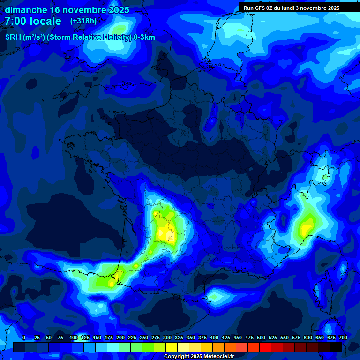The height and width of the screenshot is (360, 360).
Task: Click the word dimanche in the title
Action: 26,10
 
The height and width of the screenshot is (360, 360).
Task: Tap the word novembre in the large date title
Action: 84,10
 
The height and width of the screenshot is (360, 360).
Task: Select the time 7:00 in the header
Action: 18,21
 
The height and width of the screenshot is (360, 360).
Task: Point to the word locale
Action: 47,21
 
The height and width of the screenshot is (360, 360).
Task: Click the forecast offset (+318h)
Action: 83,21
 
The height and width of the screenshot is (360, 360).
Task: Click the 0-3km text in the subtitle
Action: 144,37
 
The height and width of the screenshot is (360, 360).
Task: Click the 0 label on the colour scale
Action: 24,337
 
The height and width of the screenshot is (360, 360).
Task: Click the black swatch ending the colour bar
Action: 336,347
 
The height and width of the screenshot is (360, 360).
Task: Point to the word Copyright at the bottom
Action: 178,357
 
